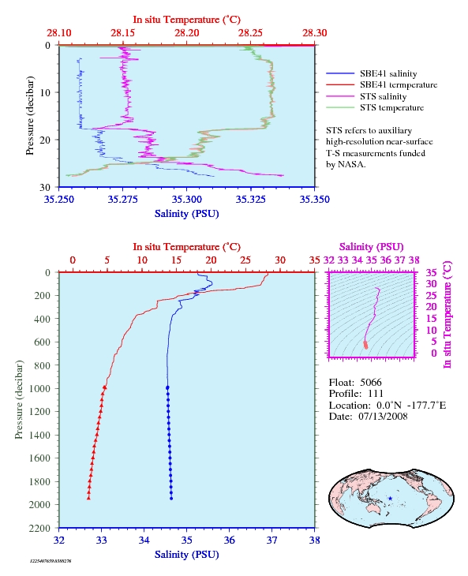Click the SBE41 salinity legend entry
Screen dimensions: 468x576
372,73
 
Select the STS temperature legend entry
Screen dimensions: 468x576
375,107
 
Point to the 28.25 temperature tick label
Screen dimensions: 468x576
250,32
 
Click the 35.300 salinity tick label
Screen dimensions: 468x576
186,199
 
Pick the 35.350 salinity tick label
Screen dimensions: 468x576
314,199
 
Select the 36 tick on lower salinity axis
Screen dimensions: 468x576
229,540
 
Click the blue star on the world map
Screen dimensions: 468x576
390,499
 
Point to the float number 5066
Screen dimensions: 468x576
371,382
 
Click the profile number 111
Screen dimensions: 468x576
376,394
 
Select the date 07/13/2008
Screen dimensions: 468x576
383,416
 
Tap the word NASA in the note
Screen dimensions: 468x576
351,164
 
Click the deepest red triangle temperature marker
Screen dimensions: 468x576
88,498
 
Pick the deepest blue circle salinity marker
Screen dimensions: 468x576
171,499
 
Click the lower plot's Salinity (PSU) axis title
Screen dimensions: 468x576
186,555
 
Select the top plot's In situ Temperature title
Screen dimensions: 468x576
186,20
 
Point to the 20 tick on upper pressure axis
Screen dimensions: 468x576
45,140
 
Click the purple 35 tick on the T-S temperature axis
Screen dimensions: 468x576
431,272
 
